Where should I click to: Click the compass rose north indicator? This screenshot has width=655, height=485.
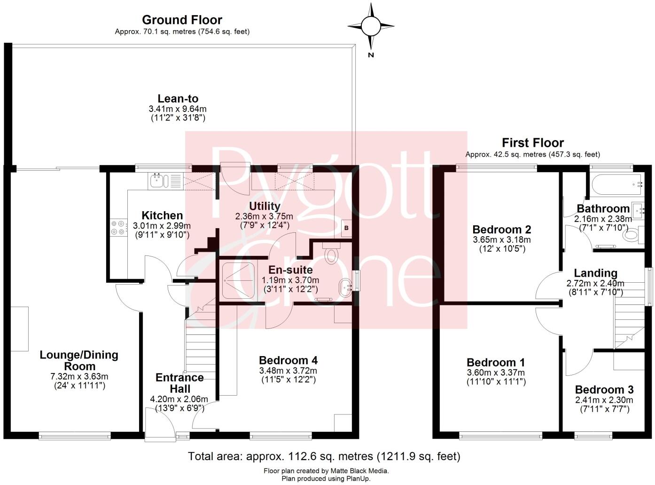(371, 26)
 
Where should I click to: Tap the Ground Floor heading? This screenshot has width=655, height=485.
(182, 20)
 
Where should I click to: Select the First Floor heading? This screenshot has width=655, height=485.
(532, 143)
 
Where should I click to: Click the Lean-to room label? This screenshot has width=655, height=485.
(178, 99)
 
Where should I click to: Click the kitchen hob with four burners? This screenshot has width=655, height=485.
(118, 228)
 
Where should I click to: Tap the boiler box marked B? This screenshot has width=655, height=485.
(347, 228)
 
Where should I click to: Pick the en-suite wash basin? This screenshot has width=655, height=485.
(345, 286)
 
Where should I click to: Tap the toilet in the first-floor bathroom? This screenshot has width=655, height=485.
(632, 234)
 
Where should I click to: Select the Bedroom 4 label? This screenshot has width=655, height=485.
(288, 360)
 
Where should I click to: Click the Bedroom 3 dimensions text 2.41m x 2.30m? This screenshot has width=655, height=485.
(604, 400)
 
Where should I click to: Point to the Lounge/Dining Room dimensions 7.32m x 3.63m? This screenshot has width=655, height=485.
(79, 376)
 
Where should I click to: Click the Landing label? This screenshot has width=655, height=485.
(595, 273)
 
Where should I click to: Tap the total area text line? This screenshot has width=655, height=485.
(324, 456)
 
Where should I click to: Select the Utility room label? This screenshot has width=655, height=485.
(265, 206)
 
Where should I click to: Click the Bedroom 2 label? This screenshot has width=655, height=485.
(501, 230)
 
